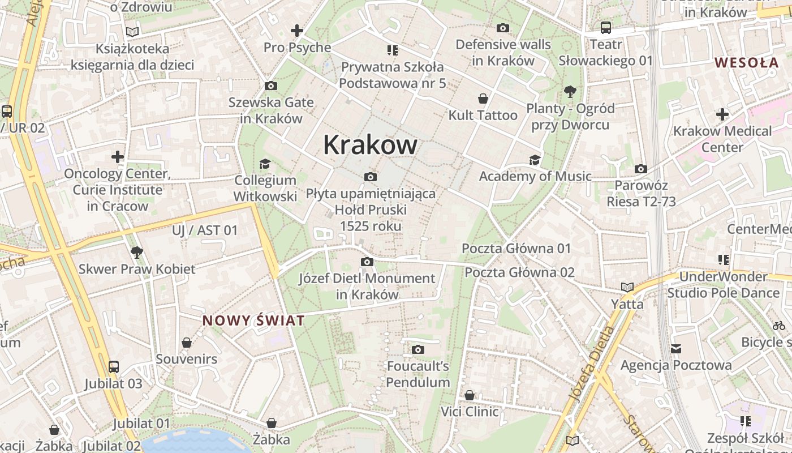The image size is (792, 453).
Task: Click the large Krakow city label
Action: [371, 145]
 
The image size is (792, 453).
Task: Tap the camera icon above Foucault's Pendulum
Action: [418, 349]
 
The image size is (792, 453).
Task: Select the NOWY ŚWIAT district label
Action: [253, 320]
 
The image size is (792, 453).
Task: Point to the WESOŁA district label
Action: [746, 62]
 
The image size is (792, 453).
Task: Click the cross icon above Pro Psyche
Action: [297, 31]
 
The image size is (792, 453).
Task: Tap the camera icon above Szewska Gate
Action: [271, 86]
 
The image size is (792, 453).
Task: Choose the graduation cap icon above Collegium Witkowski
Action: [265, 164]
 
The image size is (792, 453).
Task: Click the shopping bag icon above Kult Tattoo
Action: [483, 99]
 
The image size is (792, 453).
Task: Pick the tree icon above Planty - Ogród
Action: [570, 91]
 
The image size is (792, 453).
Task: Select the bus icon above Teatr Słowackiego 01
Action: [605, 27]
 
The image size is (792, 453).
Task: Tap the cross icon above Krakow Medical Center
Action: [722, 114]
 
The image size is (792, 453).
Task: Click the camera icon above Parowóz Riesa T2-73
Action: [640, 169]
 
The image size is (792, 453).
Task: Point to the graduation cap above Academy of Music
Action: [535, 160]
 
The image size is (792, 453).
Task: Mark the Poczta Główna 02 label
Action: [519, 272]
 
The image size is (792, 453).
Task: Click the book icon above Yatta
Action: [627, 288]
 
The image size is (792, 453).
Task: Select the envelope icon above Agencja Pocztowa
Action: [676, 349]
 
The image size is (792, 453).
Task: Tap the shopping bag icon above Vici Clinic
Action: [470, 395]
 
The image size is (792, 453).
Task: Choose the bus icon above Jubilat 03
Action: [114, 367]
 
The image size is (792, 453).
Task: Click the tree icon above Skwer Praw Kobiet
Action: [136, 252]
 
